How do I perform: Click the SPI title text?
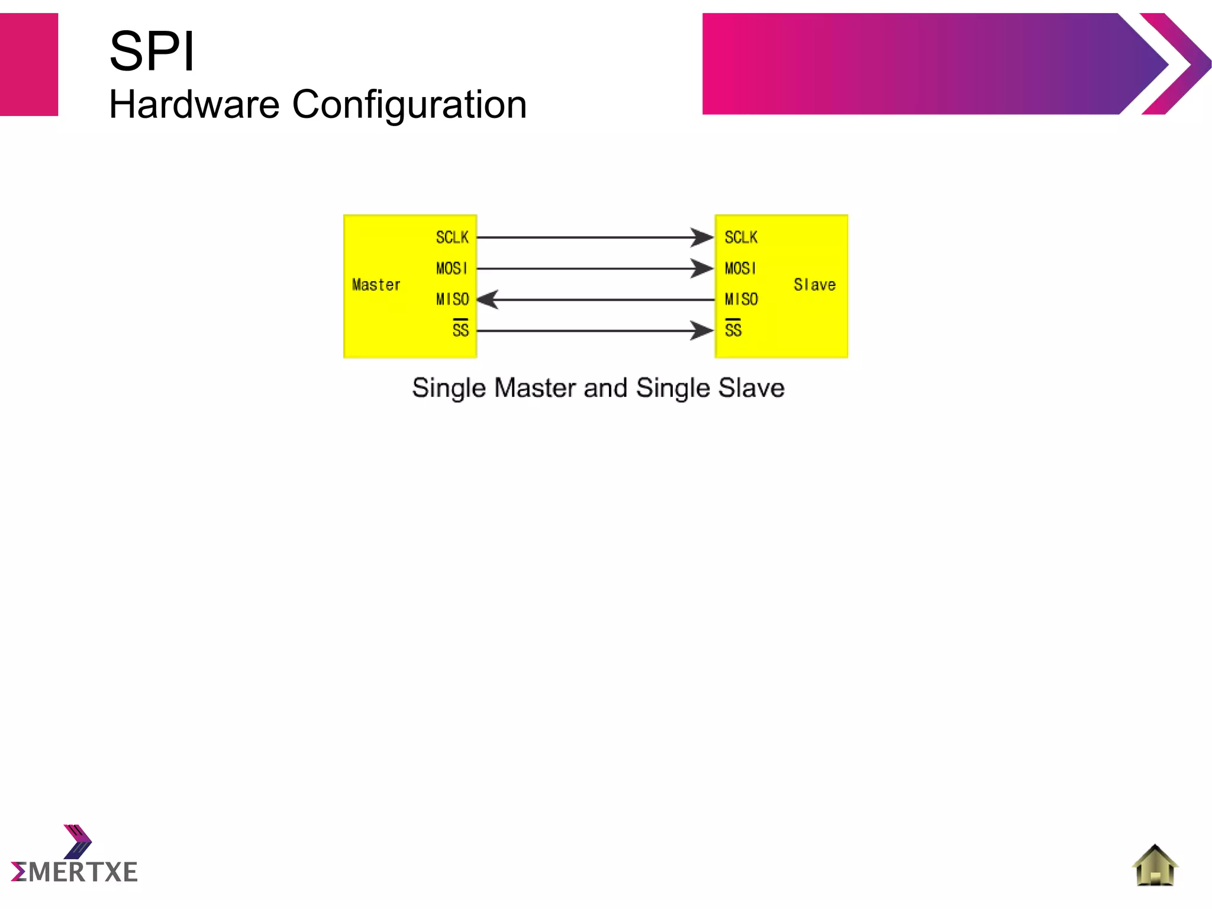point(152,52)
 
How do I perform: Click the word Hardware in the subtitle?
point(194,105)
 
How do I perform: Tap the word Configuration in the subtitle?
point(409,105)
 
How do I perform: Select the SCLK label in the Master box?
point(452,237)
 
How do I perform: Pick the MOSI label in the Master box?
point(452,268)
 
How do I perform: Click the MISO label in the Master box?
point(452,299)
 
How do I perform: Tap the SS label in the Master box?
point(460,329)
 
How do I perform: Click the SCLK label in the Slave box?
point(741,237)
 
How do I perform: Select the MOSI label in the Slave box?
point(740,268)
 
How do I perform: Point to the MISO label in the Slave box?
point(741,299)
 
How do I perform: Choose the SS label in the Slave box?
point(733,329)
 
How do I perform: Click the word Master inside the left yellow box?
point(376,285)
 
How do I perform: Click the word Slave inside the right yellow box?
point(815,285)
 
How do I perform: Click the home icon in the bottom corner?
point(1155,865)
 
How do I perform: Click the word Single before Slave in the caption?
point(673,388)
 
